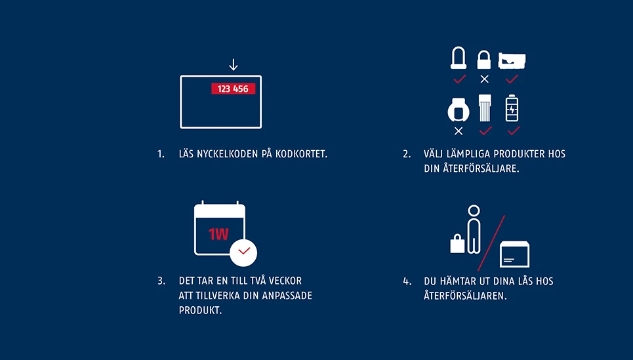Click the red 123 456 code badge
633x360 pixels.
(x=233, y=89)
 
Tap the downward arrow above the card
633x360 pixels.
(x=233, y=65)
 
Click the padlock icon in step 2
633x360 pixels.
(x=484, y=60)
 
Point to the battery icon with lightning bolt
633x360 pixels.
(x=512, y=108)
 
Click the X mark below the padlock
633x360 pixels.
(x=484, y=79)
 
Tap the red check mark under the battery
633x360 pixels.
(x=512, y=130)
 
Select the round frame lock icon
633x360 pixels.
(x=458, y=110)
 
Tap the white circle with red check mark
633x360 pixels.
(x=243, y=252)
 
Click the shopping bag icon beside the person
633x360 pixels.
(x=457, y=245)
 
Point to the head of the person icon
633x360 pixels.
(x=474, y=210)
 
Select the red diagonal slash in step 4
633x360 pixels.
(x=491, y=243)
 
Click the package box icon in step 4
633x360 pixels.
(x=514, y=255)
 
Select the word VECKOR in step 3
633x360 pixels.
(x=286, y=281)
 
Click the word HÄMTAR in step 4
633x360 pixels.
(x=459, y=281)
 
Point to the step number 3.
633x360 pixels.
(x=161, y=281)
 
